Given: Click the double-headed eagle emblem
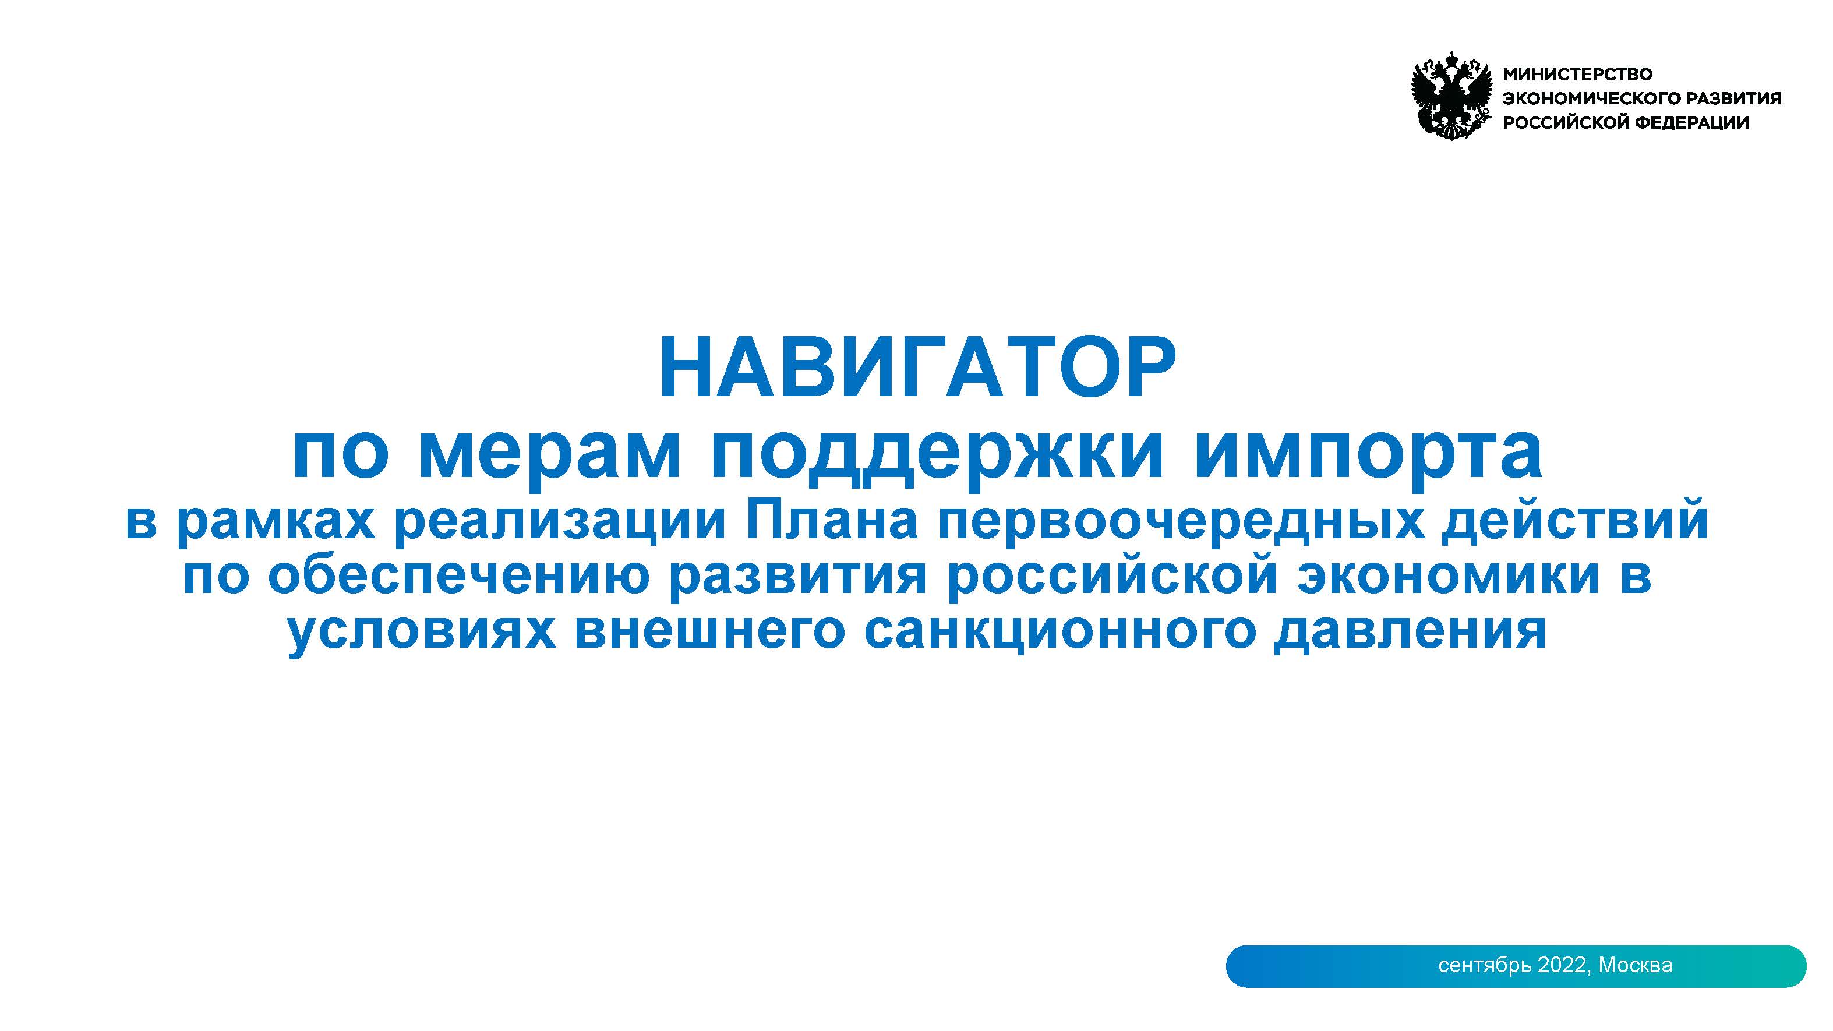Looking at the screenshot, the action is [x=1451, y=94].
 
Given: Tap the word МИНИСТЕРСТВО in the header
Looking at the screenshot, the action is [x=1577, y=74].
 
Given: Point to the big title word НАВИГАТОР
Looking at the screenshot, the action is [x=917, y=368].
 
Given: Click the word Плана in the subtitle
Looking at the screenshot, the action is [x=831, y=521].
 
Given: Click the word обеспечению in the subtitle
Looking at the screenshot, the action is [x=459, y=575].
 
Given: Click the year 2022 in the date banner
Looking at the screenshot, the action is [x=1563, y=965].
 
